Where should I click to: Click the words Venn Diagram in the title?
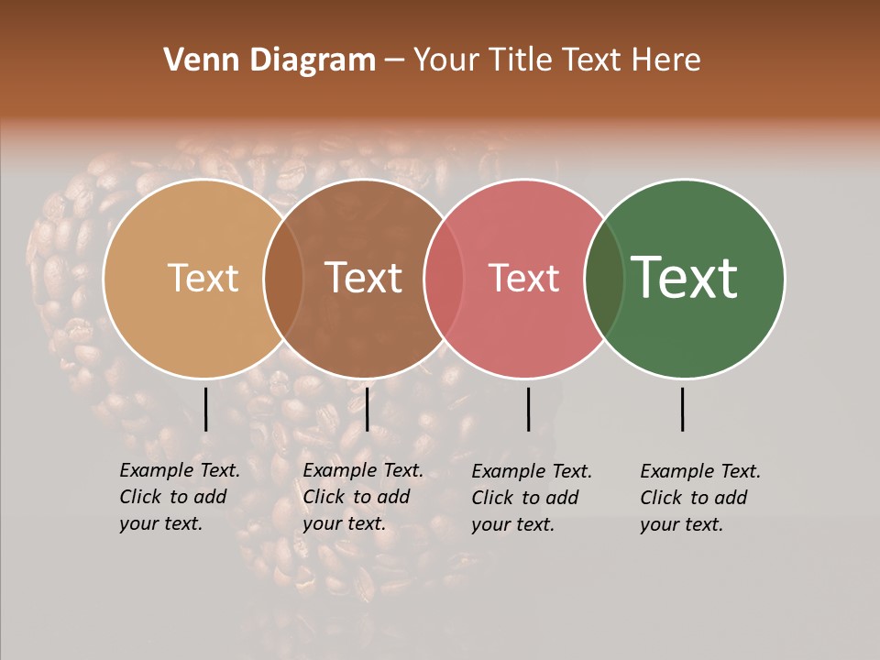[x=269, y=60]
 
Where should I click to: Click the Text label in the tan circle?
[x=203, y=279]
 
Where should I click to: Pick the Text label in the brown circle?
[x=364, y=278]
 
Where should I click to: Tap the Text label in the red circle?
[x=524, y=279]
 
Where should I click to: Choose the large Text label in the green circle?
[x=685, y=277]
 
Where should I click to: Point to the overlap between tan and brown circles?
[x=283, y=279]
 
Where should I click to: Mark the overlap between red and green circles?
[x=603, y=279]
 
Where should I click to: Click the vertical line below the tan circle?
[x=205, y=409]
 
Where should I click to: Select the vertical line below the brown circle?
[x=367, y=409]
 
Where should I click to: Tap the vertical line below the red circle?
[x=528, y=409]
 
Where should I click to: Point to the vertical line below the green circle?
[x=682, y=409]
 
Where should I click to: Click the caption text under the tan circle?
[x=180, y=497]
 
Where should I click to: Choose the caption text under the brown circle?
[x=363, y=497]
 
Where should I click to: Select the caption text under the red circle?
[x=532, y=498]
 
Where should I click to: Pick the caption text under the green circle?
[x=700, y=498]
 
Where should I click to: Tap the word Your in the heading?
[x=446, y=60]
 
